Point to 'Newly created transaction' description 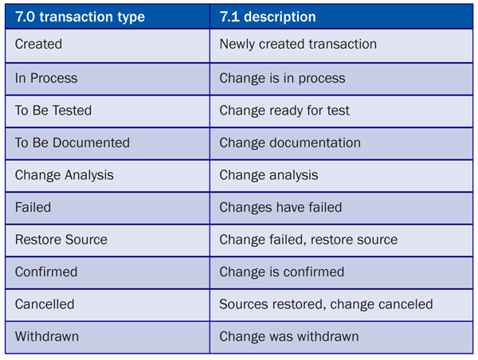298,44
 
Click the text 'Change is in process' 282,78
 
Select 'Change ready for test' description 284,111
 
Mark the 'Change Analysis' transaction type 65,175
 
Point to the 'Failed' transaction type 33,207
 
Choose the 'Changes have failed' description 280,207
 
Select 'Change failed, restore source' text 308,240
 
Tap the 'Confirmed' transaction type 46,272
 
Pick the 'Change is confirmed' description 282,272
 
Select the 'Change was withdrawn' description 289,337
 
